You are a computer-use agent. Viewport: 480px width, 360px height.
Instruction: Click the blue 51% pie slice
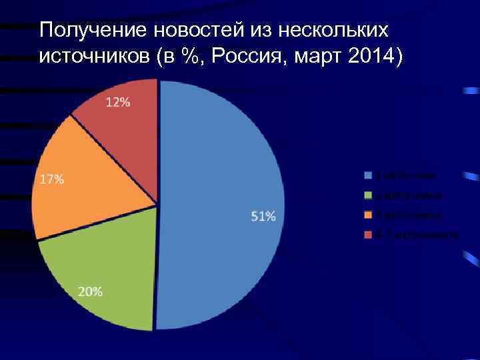(220, 173)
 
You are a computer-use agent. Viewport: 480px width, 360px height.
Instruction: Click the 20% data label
(91, 291)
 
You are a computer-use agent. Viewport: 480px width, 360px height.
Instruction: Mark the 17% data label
(53, 179)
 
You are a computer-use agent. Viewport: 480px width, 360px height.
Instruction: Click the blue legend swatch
(367, 176)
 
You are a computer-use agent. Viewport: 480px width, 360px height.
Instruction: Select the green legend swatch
(367, 196)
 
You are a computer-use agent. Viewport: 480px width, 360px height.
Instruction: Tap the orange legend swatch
(367, 215)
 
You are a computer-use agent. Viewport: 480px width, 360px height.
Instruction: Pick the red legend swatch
(367, 235)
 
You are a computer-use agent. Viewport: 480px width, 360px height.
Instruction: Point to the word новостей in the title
(189, 31)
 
